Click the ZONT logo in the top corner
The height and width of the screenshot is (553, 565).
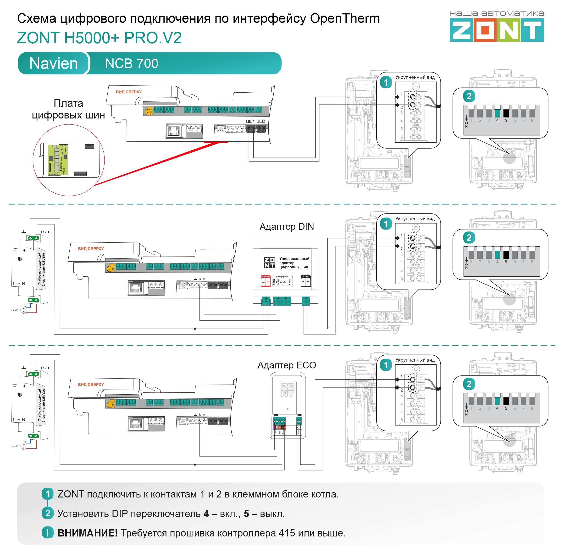[497, 30]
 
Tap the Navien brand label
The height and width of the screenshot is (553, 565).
[54, 63]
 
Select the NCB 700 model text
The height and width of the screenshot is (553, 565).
[132, 63]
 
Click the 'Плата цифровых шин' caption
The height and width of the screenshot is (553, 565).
[68, 109]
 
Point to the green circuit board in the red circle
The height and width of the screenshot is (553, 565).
[58, 160]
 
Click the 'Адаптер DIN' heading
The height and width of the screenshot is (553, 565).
[287, 227]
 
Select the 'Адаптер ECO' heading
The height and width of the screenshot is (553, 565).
[287, 365]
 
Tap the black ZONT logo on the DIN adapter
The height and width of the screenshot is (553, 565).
[269, 262]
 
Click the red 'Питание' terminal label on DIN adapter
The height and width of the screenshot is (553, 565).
[265, 277]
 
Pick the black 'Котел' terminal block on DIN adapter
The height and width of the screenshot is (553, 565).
[305, 281]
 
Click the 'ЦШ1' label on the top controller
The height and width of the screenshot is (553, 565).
[250, 121]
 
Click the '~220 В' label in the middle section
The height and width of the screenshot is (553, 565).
[16, 310]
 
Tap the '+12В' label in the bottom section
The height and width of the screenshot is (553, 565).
[45, 368]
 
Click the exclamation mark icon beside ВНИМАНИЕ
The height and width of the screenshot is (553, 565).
[48, 533]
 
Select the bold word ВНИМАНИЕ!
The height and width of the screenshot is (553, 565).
[87, 533]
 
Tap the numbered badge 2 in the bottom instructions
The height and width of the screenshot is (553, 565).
[48, 513]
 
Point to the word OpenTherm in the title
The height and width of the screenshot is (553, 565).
[345, 19]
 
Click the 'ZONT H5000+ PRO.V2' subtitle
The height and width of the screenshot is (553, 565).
[99, 38]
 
